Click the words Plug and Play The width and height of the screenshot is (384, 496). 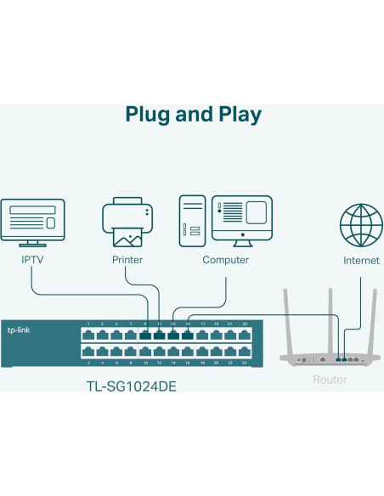tap(193, 115)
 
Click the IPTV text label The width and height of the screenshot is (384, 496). tap(32, 260)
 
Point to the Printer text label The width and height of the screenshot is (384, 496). tap(127, 260)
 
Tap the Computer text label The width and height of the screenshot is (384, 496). tap(225, 260)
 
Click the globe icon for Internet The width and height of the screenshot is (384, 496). tap(361, 225)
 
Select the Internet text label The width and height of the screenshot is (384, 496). tap(361, 261)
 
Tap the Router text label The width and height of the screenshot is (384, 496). tap(329, 379)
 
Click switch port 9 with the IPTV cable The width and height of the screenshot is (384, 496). tap(145, 334)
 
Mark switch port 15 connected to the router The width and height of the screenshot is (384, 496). tap(188, 334)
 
